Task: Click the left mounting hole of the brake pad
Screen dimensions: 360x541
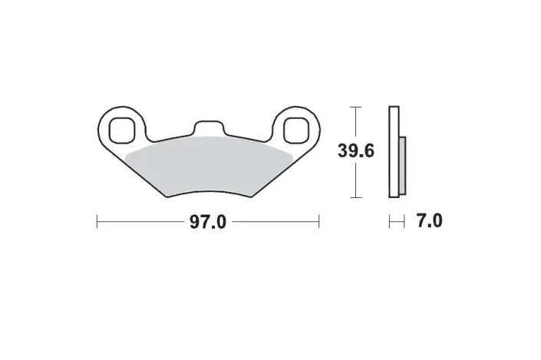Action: [x=120, y=129]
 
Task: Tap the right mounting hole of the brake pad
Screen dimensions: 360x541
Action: [x=294, y=130]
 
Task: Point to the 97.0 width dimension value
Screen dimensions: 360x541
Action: [x=207, y=223]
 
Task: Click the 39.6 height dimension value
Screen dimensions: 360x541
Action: [x=355, y=151]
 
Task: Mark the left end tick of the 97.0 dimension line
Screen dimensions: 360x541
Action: [x=97, y=223]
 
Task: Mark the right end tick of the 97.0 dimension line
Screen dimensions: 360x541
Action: [x=318, y=223]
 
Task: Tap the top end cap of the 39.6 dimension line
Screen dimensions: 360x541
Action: [x=355, y=106]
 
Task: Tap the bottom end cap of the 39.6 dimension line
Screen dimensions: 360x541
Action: [x=355, y=197]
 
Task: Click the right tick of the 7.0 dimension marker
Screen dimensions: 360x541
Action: [x=404, y=223]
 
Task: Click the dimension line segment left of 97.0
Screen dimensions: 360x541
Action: [x=142, y=223]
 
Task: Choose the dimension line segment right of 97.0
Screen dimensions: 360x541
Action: [x=274, y=223]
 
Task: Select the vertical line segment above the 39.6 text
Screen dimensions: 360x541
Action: [x=355, y=123]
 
